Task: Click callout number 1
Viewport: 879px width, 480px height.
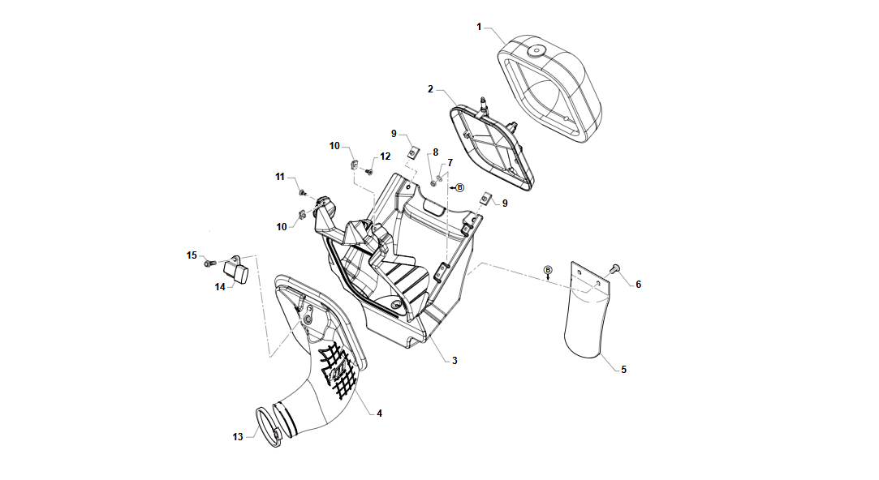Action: [479, 27]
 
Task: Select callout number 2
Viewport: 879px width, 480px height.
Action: [430, 89]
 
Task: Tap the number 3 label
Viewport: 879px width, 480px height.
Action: [455, 361]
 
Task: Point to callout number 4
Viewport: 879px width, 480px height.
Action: [380, 414]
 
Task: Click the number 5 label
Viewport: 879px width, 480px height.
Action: [624, 370]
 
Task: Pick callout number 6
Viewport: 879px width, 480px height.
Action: [639, 285]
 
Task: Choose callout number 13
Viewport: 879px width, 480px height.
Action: [239, 437]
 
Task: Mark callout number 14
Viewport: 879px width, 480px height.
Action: [220, 287]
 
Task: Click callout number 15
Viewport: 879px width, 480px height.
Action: [192, 255]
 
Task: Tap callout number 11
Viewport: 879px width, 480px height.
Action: [280, 177]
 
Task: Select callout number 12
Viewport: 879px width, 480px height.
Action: [386, 156]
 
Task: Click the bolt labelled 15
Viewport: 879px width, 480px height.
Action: [209, 262]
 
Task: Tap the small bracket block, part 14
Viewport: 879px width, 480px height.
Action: [236, 270]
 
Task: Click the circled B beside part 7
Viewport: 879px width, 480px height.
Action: [459, 187]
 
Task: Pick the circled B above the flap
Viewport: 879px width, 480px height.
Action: [548, 271]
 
